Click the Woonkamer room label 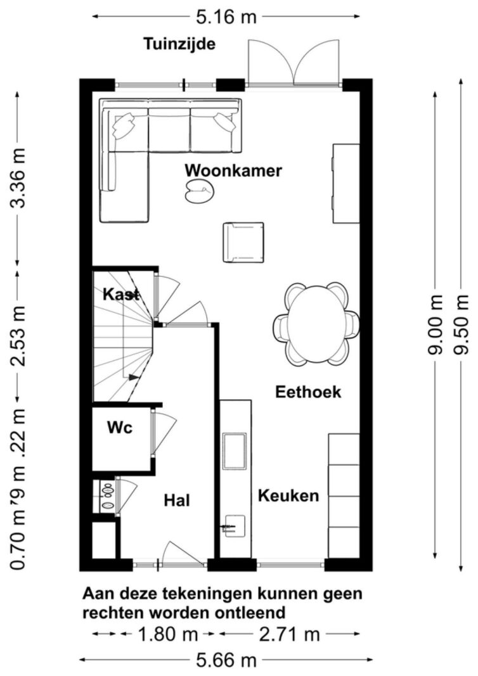coord(233,171)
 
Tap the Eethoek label coord(308,392)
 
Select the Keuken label coord(288,495)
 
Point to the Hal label coord(178,501)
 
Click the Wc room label coord(119,428)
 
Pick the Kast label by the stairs coord(120,295)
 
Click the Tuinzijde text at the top coord(179,44)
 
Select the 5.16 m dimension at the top coord(226,17)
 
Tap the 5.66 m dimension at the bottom coord(226,661)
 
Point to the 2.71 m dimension coord(289,634)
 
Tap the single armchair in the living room coord(243,242)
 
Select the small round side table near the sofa coord(200,189)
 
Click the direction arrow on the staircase coord(133,377)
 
